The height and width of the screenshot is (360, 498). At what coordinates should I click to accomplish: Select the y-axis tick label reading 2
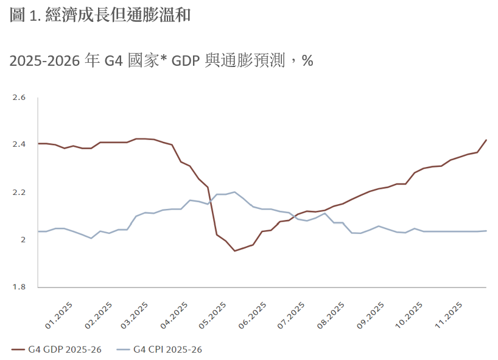(23, 239)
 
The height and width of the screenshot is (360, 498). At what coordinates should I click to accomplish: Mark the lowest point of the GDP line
(235, 251)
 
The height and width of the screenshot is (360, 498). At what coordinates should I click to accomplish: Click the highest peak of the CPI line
(234, 192)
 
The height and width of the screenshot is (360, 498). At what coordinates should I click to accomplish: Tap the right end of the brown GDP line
(486, 139)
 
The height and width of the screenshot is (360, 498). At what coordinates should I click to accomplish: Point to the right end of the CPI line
(486, 231)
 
